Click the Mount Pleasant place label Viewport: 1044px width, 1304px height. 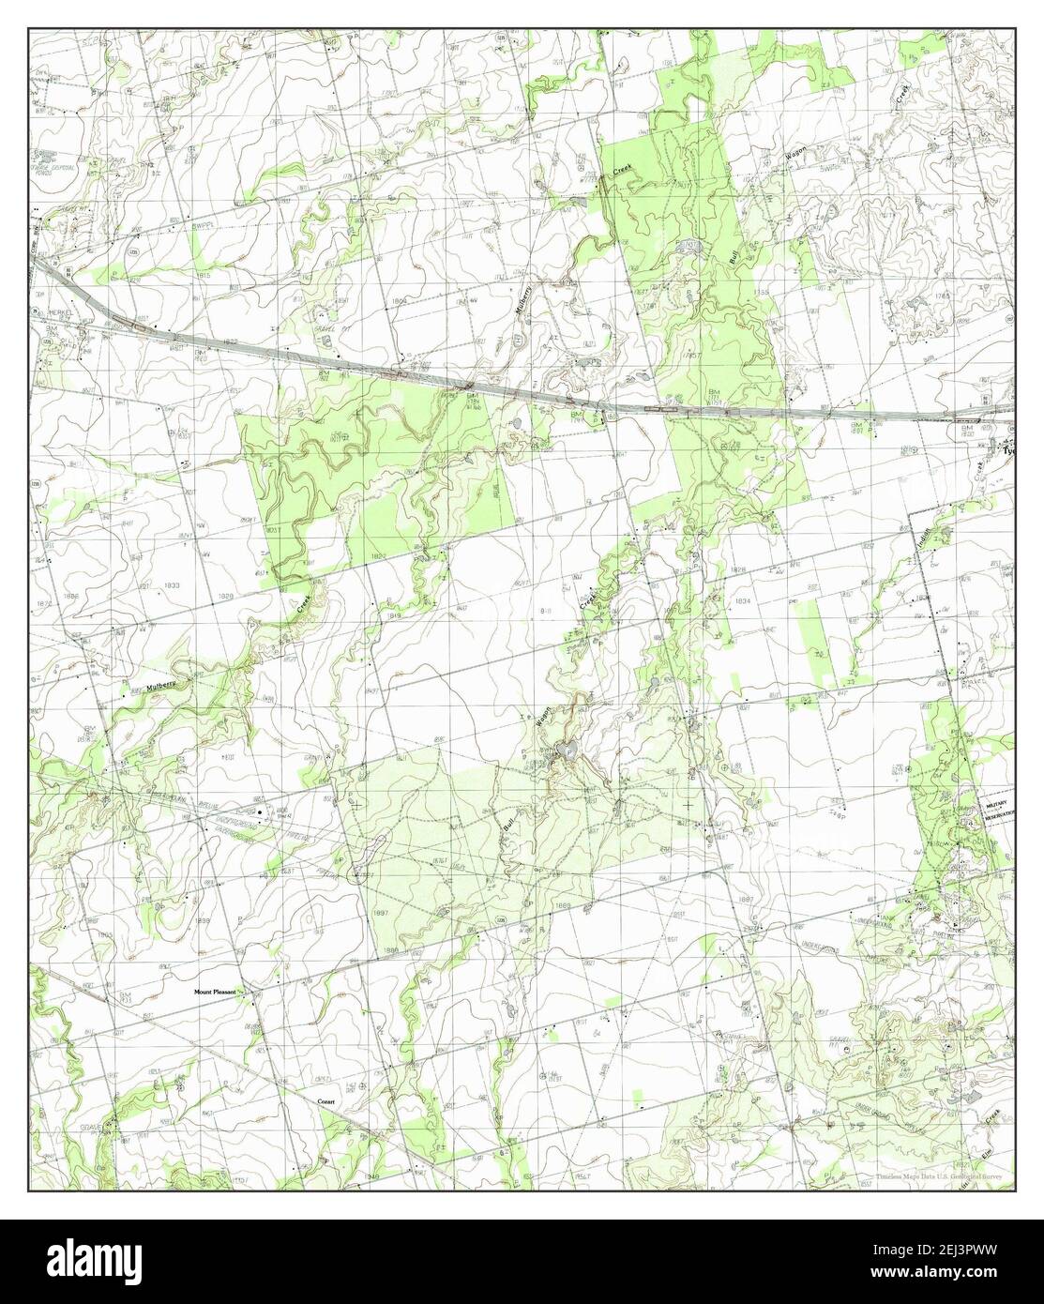pos(217,991)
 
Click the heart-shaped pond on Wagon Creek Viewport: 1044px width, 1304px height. pos(567,750)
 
